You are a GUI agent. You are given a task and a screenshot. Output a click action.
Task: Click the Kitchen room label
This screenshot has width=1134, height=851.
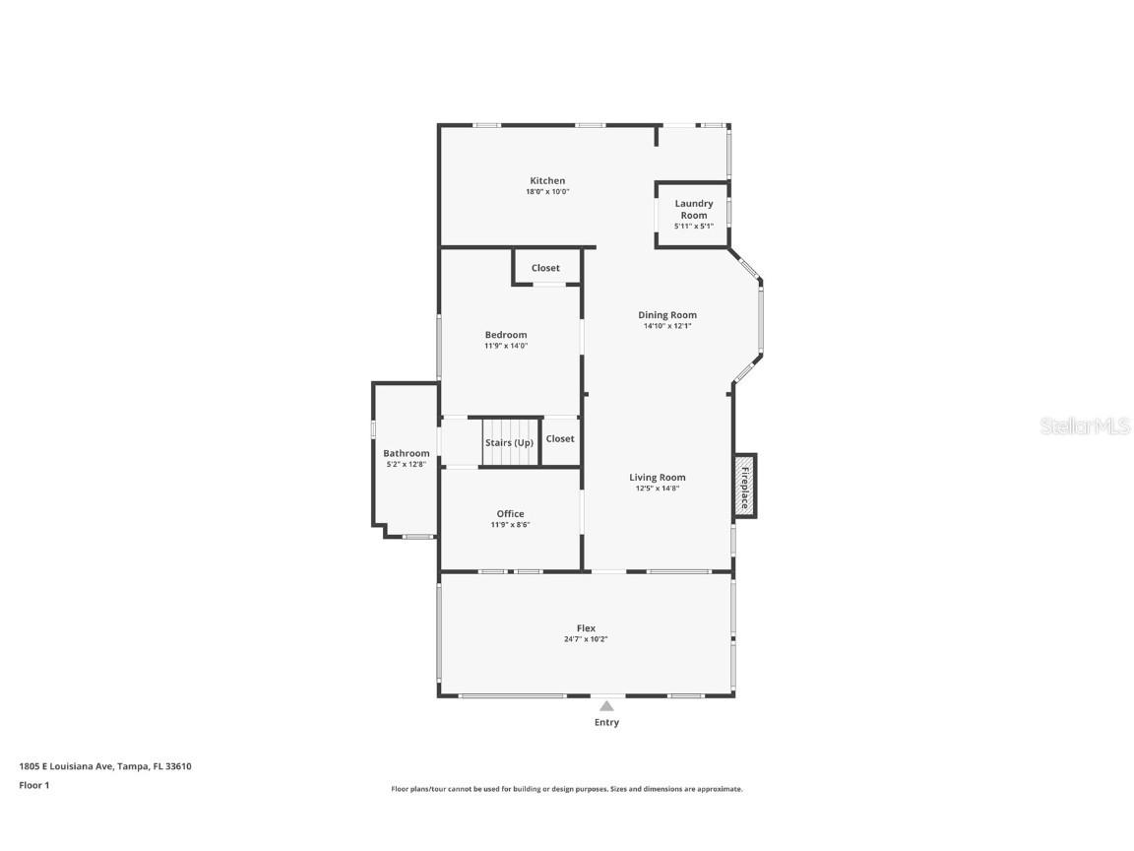point(547,180)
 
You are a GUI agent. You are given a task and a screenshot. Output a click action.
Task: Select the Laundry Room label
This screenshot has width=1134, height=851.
point(693,209)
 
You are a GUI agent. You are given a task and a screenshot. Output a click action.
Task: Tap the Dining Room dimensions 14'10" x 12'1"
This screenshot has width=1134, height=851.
point(667,326)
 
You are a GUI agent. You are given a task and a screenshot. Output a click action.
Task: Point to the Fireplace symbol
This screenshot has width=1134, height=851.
point(744,486)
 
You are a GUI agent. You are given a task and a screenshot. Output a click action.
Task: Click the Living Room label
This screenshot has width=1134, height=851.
point(658,478)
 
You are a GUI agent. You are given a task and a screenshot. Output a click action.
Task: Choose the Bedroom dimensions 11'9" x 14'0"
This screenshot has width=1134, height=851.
point(506,346)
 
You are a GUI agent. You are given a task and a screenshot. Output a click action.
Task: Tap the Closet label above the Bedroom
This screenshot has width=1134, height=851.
point(545,268)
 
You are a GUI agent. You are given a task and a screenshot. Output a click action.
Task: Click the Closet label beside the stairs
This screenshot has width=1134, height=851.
point(560,438)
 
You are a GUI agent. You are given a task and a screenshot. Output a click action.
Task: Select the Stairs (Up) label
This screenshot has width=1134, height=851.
point(509,442)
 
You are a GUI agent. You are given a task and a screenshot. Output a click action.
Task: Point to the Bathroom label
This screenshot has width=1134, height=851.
point(407,453)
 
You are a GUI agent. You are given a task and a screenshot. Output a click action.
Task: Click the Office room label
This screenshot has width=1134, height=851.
point(510,513)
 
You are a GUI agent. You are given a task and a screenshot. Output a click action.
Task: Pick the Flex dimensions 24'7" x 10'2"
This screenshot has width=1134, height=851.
point(586,639)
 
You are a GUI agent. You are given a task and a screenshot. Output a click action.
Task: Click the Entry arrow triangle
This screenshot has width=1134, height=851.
point(606,705)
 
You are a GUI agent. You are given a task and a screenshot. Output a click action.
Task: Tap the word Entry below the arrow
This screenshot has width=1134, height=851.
point(606,722)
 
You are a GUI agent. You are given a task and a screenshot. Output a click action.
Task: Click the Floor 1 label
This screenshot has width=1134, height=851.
point(33,785)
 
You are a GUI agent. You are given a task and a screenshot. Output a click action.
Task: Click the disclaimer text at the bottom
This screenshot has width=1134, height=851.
point(567,789)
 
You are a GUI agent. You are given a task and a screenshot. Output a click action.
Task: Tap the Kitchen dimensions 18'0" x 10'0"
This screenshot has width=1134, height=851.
point(547,192)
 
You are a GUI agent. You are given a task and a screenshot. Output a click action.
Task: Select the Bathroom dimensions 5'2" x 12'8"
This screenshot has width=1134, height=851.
point(407,464)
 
